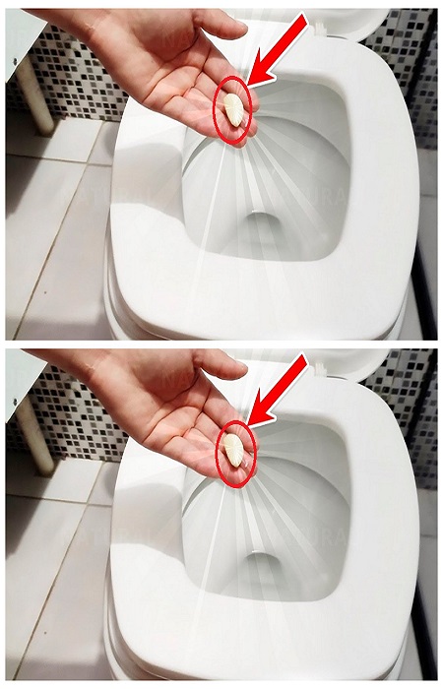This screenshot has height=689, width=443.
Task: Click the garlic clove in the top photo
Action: [x=233, y=109]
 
